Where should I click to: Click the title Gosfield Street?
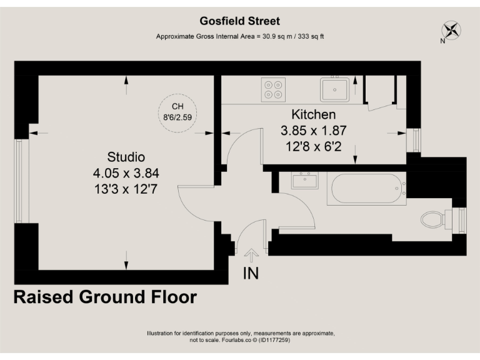[240, 21]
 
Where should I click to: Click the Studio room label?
[126, 156]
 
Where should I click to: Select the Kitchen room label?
[313, 115]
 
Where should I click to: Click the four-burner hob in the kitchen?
[272, 89]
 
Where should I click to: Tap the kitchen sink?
[335, 89]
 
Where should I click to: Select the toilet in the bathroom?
[435, 219]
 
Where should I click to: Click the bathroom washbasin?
[305, 181]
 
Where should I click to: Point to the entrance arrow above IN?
[251, 255]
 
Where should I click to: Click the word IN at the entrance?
[251, 273]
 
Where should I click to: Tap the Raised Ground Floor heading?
[105, 297]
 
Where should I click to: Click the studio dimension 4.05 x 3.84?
[126, 172]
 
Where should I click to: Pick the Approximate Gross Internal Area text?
[240, 37]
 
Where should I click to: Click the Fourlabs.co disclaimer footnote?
[240, 337]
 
